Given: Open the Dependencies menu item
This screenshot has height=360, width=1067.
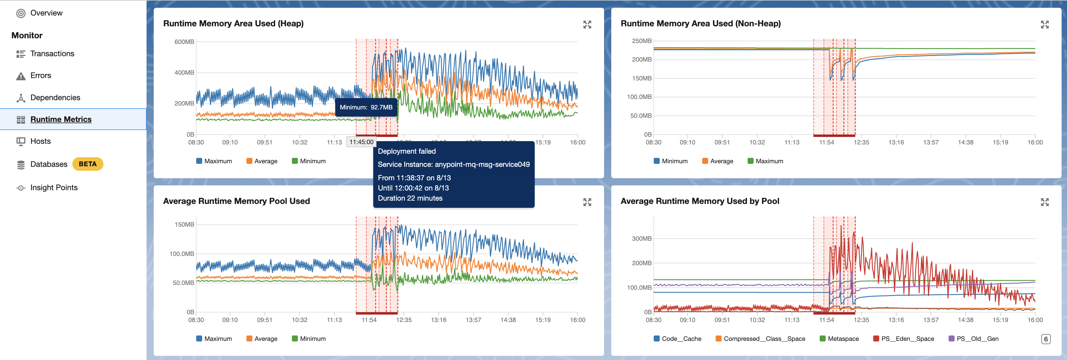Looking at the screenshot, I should coord(55,98).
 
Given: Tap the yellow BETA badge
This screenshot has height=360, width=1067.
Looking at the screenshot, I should coord(87,164).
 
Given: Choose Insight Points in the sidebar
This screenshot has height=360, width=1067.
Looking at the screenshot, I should coord(54,188).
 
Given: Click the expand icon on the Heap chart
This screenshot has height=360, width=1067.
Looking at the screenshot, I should coord(587,25).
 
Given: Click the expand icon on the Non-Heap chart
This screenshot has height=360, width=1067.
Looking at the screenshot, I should coord(1044,25).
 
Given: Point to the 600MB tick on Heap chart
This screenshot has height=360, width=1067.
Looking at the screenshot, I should coord(184,42).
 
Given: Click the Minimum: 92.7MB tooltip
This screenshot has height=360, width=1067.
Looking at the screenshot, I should coord(366,107).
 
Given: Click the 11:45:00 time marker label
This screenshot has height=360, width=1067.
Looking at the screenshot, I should coord(361,142).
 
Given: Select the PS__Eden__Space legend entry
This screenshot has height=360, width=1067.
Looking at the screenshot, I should coord(907,339).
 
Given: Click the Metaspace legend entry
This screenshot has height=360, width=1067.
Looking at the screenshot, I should coord(843,339).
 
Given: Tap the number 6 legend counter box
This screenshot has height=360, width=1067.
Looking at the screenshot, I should coord(1045,339).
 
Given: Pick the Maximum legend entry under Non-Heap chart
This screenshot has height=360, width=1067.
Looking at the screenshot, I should coord(769,161).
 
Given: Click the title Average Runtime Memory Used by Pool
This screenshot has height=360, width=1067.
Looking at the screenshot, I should coord(699,201).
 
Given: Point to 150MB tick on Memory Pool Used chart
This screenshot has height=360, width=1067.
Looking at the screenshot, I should coord(184,225).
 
